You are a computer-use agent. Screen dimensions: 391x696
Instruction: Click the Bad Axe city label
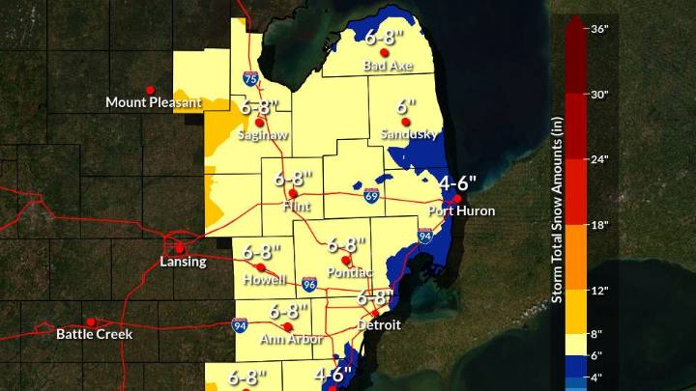point(382,66)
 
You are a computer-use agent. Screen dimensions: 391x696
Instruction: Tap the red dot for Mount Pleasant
point(150,90)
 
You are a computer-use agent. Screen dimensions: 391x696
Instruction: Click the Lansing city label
point(181,261)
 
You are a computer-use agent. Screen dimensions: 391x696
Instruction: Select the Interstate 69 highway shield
point(372,196)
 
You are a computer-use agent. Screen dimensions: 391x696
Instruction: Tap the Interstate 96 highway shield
point(308,284)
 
